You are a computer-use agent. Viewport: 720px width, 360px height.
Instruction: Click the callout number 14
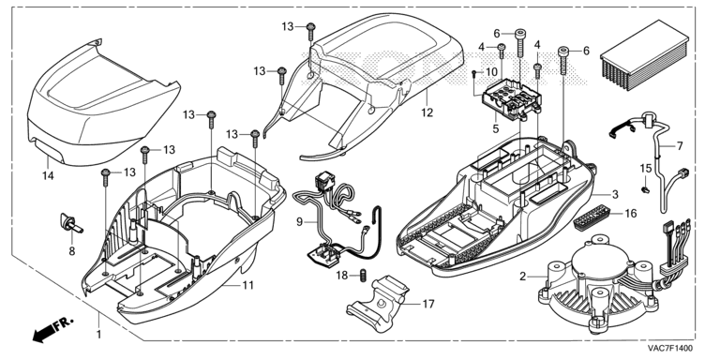(x=48, y=175)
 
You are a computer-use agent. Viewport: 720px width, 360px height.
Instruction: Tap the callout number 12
(x=427, y=112)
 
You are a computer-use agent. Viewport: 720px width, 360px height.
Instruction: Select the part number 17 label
(x=427, y=304)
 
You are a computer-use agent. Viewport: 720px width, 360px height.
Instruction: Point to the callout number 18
(x=341, y=276)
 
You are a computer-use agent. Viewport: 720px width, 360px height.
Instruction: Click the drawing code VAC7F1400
(x=670, y=349)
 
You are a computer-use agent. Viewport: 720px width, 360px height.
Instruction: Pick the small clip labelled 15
(x=646, y=188)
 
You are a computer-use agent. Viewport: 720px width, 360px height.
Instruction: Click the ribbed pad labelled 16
(x=592, y=217)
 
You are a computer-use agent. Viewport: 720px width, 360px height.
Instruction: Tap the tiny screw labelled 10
(x=474, y=73)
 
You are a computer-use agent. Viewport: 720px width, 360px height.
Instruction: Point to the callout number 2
(x=522, y=277)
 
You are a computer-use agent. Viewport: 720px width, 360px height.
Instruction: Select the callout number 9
(x=299, y=222)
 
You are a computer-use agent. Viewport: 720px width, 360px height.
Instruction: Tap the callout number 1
(x=98, y=335)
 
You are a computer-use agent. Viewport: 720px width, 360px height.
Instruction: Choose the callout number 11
(x=247, y=285)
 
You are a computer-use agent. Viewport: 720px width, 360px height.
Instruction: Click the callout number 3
(x=615, y=194)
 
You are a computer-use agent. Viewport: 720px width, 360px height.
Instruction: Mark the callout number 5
(x=495, y=128)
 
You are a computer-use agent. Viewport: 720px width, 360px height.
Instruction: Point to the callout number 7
(x=680, y=146)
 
